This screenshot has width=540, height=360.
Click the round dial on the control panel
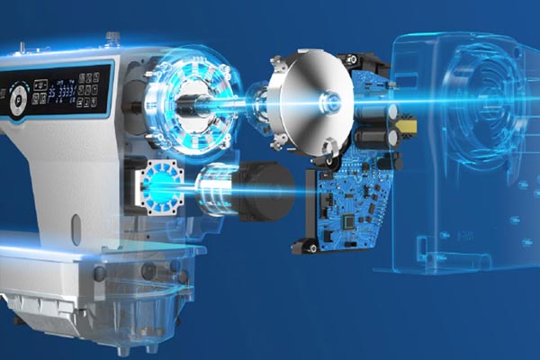(x=15, y=101)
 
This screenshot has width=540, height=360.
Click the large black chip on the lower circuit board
(x=348, y=219)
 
